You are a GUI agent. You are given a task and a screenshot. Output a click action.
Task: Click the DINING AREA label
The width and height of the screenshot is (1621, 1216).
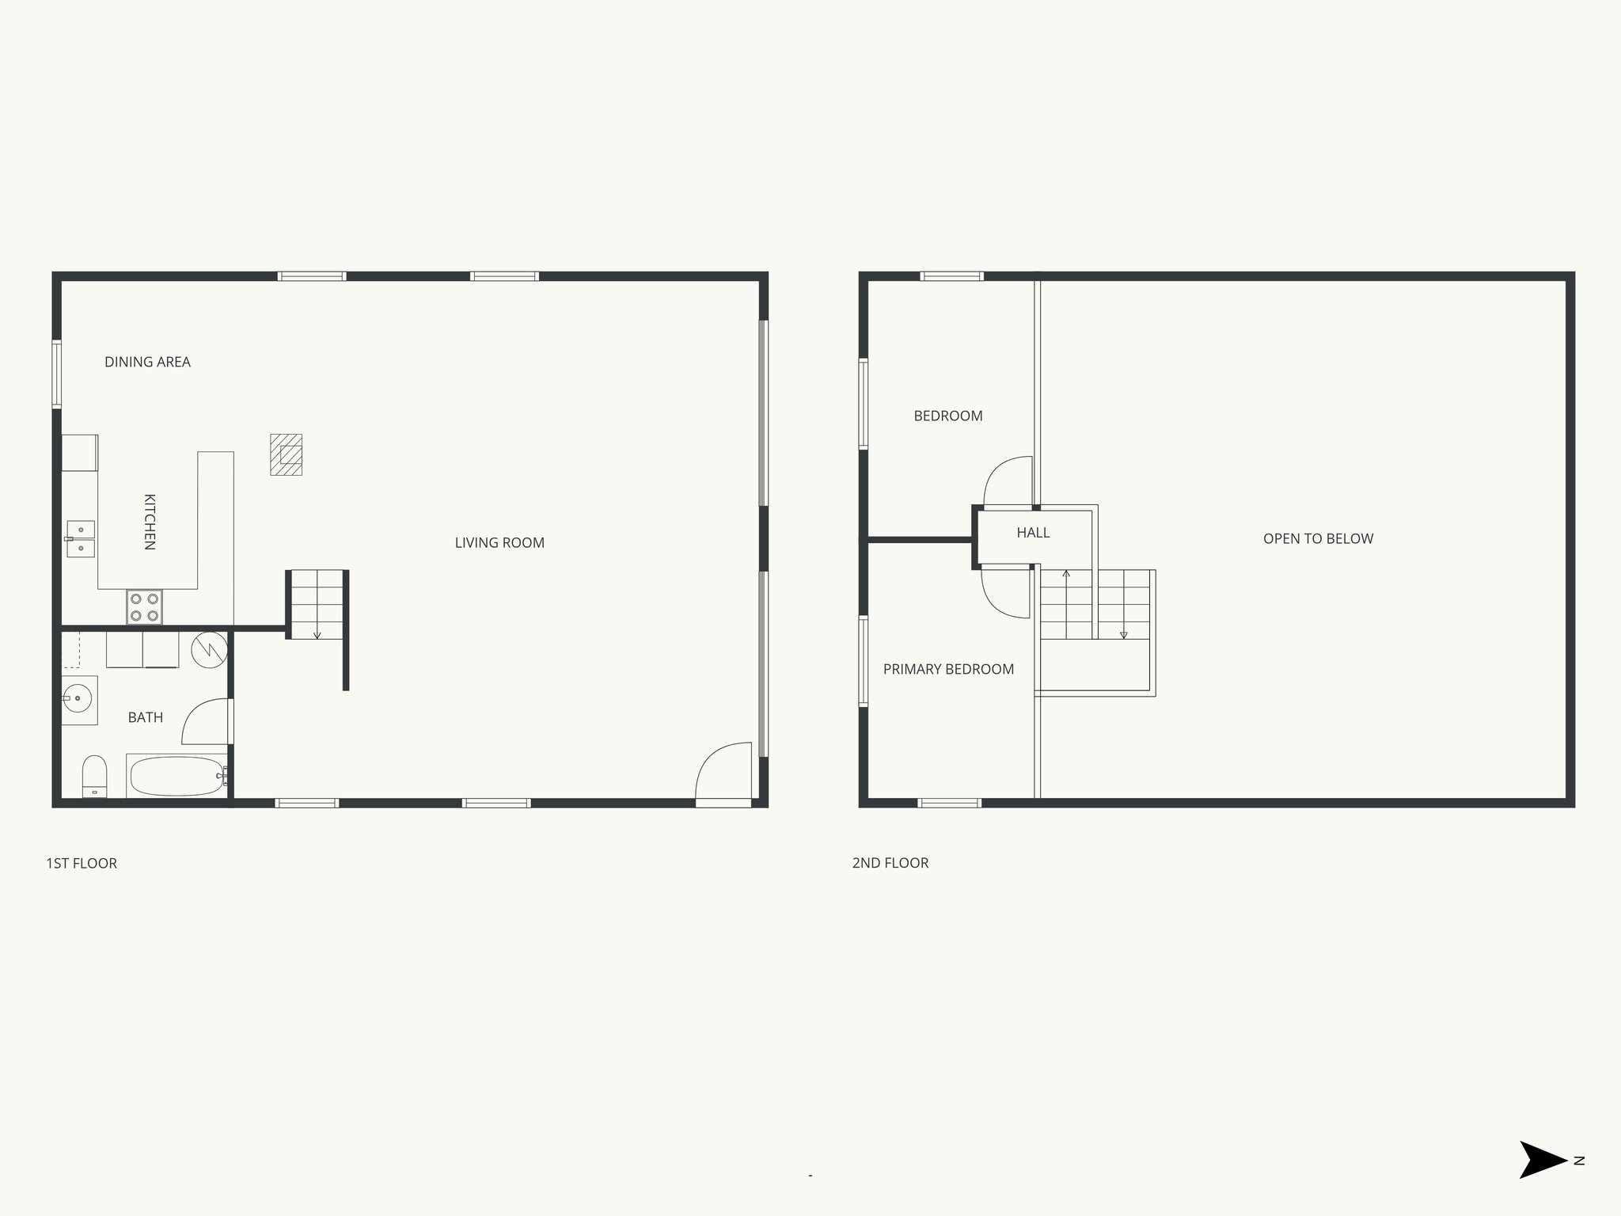147,362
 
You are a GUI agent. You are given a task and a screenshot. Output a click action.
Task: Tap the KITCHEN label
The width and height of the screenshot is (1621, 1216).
149,522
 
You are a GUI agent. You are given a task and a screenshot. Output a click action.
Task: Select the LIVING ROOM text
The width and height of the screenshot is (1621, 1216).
499,542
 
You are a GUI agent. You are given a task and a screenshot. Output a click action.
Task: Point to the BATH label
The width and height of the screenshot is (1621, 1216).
146,717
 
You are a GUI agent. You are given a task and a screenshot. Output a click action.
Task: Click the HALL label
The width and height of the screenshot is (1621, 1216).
1033,533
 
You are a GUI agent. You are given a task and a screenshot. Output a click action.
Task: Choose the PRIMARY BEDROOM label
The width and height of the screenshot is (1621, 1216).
948,669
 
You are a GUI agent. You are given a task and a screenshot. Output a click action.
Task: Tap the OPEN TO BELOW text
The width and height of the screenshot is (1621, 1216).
1318,538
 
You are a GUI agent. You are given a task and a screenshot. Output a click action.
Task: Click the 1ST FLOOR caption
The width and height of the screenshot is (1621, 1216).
82,863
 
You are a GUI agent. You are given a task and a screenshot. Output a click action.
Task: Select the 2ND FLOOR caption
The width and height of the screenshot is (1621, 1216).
890,863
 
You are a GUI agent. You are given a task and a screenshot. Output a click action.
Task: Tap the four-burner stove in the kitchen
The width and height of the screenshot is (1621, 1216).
144,607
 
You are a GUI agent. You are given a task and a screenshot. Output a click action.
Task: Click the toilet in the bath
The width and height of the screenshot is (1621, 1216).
94,776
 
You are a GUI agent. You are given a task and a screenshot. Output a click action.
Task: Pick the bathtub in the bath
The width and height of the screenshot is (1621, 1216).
177,777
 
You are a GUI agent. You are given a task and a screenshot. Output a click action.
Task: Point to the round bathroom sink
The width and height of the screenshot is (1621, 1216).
78,699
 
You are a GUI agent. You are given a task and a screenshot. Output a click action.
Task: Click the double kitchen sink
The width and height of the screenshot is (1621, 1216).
81,539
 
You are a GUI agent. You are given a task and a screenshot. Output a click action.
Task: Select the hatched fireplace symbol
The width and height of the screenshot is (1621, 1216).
286,454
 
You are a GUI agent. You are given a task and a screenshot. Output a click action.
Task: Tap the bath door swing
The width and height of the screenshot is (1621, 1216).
206,721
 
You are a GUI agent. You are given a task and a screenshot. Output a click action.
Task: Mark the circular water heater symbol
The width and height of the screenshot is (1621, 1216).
209,650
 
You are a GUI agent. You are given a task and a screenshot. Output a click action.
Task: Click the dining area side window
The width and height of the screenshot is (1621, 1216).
57,374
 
